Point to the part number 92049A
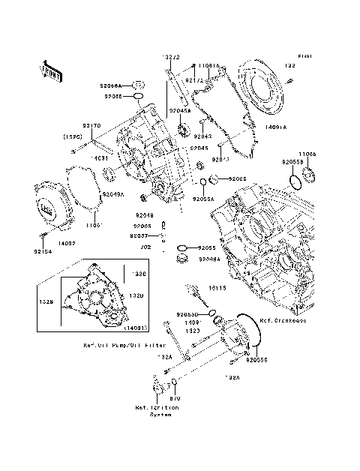(x=112, y=194)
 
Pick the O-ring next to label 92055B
(x=295, y=181)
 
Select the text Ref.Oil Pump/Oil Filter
(x=125, y=346)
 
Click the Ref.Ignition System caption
(x=157, y=412)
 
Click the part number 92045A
(x=180, y=110)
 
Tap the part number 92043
(x=202, y=136)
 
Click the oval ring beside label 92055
(x=181, y=247)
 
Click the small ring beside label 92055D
(x=213, y=313)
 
